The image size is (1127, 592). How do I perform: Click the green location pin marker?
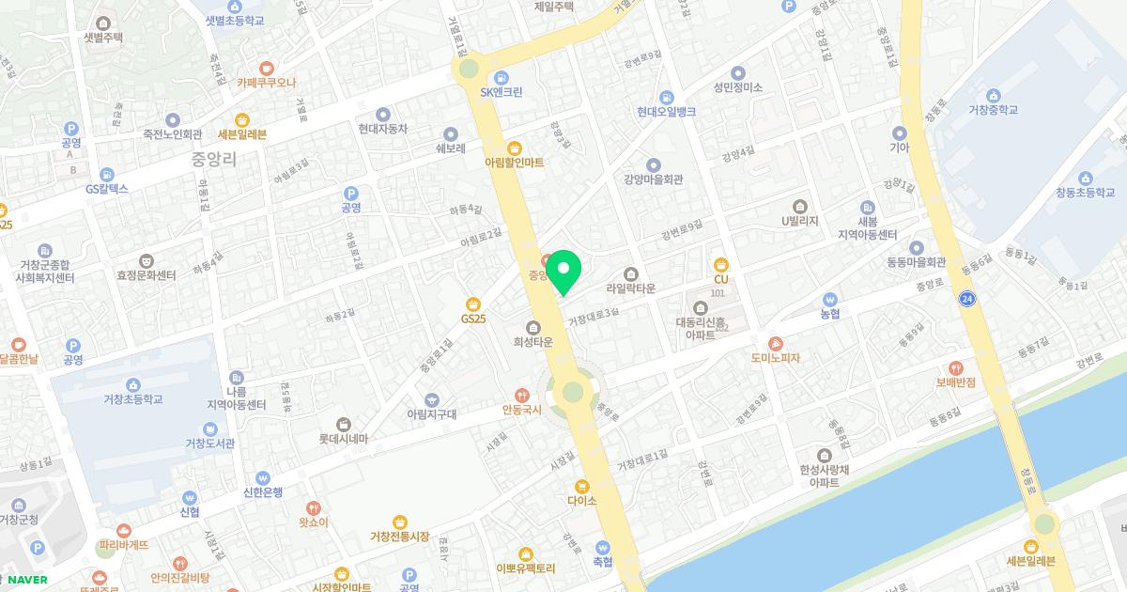[563, 273]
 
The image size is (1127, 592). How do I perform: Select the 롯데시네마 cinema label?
[343, 438]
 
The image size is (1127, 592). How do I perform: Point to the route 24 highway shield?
[966, 299]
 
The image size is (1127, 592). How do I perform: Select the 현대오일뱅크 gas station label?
[666, 111]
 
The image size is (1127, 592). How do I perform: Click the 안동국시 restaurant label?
[522, 410]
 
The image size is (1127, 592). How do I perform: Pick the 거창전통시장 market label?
[399, 536]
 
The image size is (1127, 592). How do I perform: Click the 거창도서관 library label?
[208, 443]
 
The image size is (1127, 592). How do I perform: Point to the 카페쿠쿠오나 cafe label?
[267, 82]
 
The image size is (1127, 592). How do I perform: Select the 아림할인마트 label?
[514, 162]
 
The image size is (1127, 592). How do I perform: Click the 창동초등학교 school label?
[1086, 193]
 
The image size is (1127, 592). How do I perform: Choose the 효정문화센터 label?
[147, 275]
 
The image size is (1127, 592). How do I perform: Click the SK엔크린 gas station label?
[502, 91]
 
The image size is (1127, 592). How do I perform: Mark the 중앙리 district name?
[213, 159]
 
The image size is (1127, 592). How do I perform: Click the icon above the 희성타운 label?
[533, 327]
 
